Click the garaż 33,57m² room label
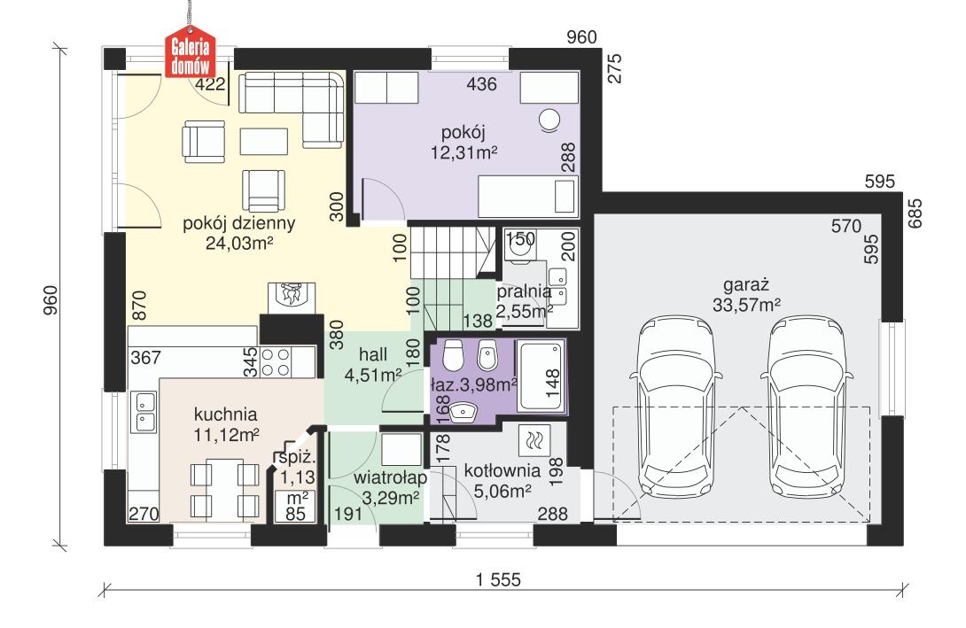tap(745, 296)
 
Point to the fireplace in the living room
tap(289, 297)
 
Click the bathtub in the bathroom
tap(539, 376)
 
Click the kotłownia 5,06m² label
tap(497, 479)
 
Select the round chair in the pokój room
tap(549, 118)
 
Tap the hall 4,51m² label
tap(373, 365)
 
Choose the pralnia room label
tap(525, 300)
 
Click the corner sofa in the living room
tap(301, 102)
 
